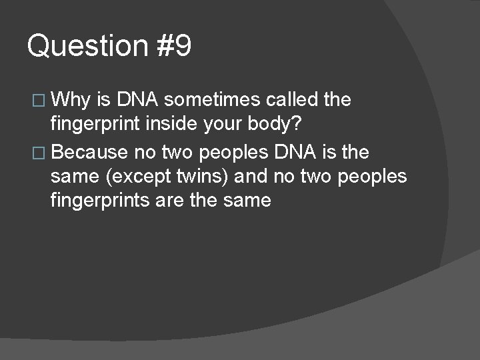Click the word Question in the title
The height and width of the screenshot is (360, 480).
[x=87, y=47]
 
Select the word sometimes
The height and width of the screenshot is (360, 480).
[x=211, y=100]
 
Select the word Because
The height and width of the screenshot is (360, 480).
[x=89, y=153]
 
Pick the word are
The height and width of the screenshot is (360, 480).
[x=171, y=200]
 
